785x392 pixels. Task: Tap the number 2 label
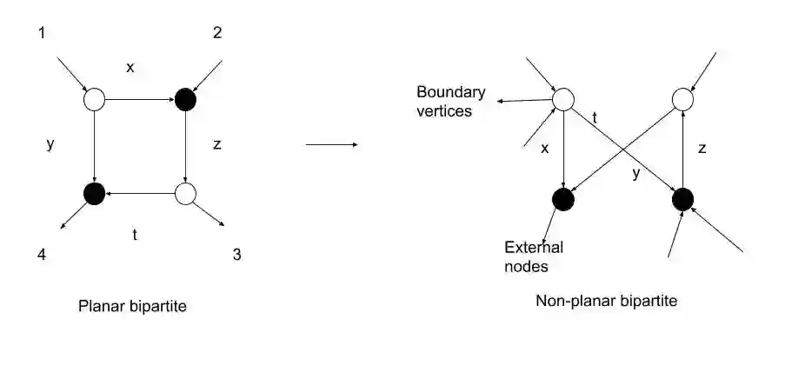click(x=217, y=33)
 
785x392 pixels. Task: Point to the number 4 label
click(x=43, y=255)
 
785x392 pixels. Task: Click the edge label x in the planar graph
click(x=130, y=67)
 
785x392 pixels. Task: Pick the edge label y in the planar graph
click(x=50, y=144)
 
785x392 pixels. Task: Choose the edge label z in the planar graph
click(x=216, y=144)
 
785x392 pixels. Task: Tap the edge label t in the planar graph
click(x=135, y=233)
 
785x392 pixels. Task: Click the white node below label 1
click(x=94, y=100)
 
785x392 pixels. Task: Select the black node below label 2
click(x=185, y=100)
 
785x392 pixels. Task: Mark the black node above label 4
click(x=94, y=193)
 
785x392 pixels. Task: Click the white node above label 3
click(x=185, y=193)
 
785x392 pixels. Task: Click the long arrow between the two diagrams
click(x=331, y=144)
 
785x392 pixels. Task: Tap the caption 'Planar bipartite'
click(x=132, y=305)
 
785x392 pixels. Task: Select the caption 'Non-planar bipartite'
click(x=606, y=301)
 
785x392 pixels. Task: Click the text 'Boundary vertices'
click(x=450, y=101)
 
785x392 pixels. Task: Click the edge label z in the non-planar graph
click(x=702, y=149)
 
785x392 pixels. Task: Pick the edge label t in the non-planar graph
click(x=595, y=116)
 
